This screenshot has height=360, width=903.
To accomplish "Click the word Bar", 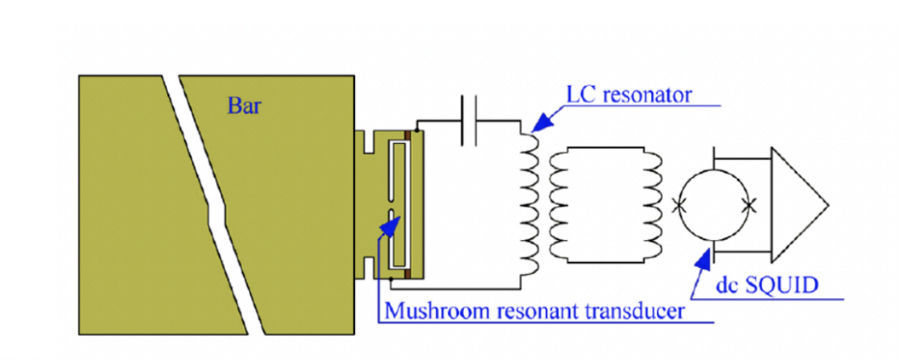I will pyautogui.click(x=244, y=105).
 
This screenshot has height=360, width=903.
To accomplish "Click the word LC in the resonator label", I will pyautogui.click(x=579, y=93).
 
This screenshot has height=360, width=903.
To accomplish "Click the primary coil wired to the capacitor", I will pyautogui.click(x=525, y=199).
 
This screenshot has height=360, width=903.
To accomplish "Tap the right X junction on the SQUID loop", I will pyautogui.click(x=749, y=204).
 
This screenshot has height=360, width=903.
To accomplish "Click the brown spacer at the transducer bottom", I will pyautogui.click(x=407, y=273).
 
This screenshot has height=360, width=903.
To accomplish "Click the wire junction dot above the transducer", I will pyautogui.click(x=417, y=130).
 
